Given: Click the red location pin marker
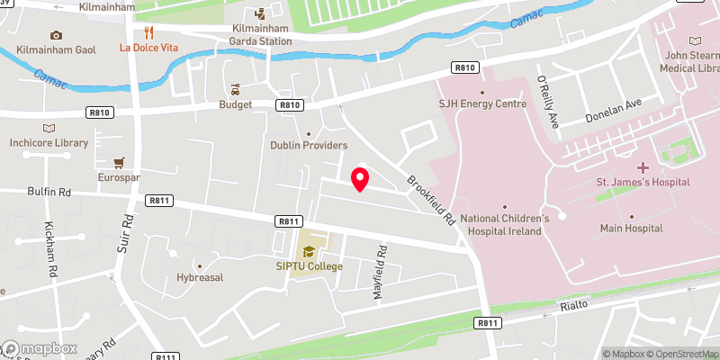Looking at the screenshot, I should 359,178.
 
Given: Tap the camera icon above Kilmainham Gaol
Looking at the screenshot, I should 57,35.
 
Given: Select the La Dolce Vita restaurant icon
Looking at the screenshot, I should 138,31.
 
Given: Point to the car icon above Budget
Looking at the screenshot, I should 235,89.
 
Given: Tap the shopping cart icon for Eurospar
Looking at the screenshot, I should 118,163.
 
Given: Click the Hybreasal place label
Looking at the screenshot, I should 200,277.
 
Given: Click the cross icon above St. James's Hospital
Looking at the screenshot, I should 643,167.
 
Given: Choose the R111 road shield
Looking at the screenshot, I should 164,356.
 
